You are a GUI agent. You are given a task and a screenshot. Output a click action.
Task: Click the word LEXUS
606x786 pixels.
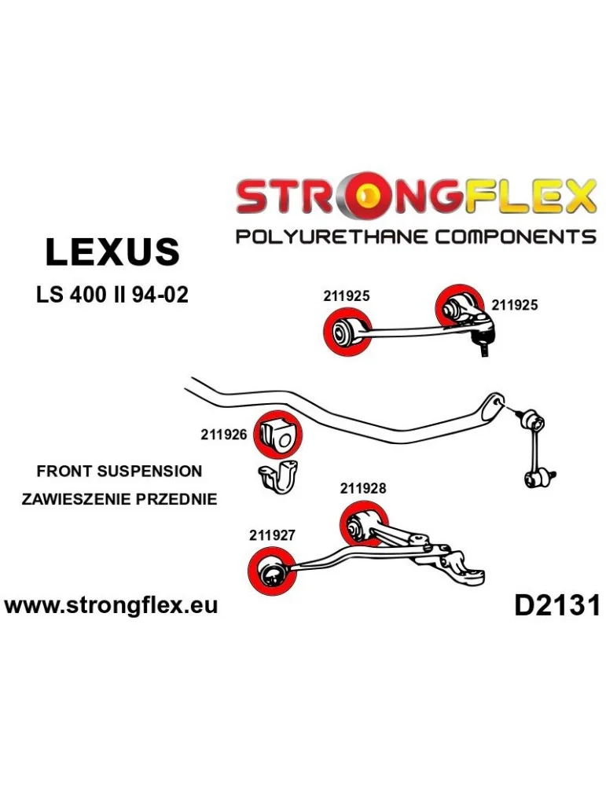click(112, 252)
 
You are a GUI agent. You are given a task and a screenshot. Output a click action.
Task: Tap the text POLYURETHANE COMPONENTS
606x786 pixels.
click(416, 237)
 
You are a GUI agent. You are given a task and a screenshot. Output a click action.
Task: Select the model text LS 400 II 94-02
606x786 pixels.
click(112, 296)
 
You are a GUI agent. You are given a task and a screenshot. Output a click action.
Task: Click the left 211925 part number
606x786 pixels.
click(346, 296)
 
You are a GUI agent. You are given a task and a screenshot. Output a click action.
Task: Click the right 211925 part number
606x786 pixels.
click(515, 305)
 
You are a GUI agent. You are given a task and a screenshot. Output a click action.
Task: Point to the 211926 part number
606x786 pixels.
click(225, 434)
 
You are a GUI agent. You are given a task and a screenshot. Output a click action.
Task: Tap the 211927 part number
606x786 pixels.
click(271, 535)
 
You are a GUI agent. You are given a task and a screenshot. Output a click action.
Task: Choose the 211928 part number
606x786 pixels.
click(363, 487)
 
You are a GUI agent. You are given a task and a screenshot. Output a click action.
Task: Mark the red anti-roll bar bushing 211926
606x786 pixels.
click(277, 433)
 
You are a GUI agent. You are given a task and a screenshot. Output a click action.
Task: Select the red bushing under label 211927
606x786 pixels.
click(270, 572)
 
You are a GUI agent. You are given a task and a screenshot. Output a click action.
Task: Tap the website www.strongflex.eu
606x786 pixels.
click(111, 605)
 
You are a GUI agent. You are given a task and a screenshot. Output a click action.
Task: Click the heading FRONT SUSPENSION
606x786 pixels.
click(119, 472)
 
